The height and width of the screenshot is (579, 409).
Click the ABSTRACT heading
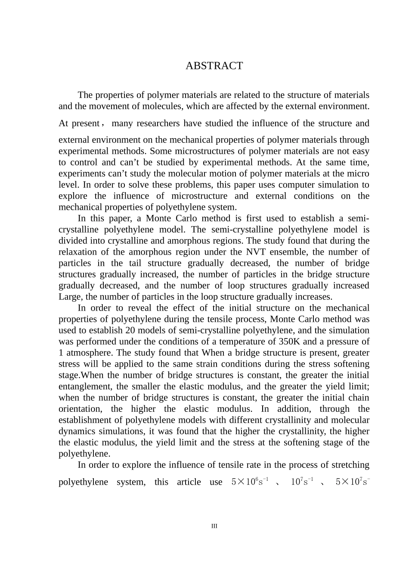214,66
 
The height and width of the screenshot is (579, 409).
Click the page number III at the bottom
214,526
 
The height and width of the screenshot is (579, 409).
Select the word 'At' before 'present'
63,124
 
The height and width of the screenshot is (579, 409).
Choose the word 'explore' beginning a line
73,196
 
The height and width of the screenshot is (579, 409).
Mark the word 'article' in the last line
189,482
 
